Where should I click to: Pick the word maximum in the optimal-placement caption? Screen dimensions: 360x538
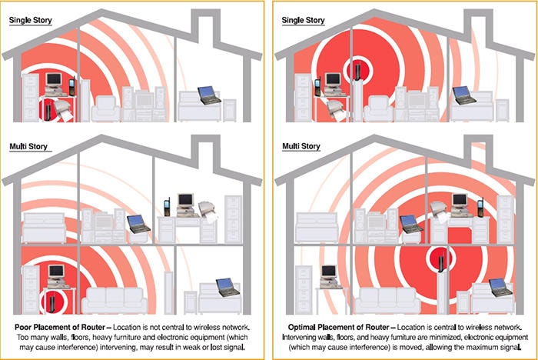pyautogui.click(x=458, y=349)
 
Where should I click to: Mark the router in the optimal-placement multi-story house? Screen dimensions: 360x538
pyautogui.click(x=440, y=262)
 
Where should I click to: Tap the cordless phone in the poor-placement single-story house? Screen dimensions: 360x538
pyautogui.click(x=71, y=86)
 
